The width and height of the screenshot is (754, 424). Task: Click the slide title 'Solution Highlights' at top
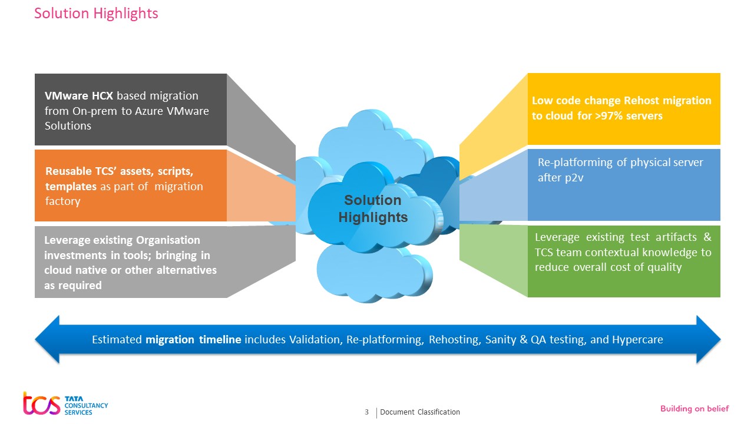(x=96, y=13)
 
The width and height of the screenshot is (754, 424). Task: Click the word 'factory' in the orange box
(x=62, y=201)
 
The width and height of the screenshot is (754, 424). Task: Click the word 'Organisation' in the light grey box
(x=168, y=240)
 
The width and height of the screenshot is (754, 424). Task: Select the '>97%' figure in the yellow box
(x=595, y=116)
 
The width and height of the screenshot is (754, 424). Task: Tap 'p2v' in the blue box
(x=576, y=177)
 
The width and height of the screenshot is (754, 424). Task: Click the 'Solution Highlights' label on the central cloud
(x=373, y=209)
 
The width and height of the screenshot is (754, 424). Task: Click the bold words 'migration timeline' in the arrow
(x=193, y=340)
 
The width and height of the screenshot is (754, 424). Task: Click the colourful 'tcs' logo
(x=41, y=404)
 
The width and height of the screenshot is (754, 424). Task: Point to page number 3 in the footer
(x=367, y=412)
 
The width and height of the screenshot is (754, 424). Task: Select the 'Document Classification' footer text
(x=419, y=412)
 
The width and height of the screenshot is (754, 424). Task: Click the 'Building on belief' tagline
(x=694, y=409)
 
